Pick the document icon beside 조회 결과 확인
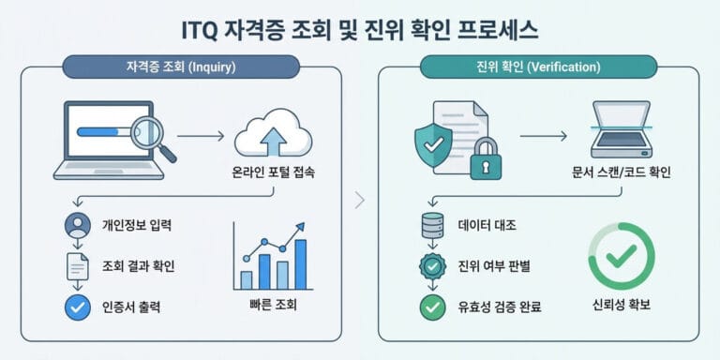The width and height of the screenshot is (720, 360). coord(77,266)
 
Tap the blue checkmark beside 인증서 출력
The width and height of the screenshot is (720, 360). coord(77,306)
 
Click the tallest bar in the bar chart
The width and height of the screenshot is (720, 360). coord(301,264)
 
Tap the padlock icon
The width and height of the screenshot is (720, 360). coord(486,158)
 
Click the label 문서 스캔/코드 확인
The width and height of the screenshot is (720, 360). coord(621,174)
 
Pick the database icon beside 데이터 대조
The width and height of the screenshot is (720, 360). coord(431,226)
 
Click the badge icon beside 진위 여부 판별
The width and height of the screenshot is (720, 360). coord(431,266)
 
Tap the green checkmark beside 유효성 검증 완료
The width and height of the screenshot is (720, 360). coord(431,306)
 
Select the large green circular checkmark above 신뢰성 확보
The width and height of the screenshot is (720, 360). coord(621,254)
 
